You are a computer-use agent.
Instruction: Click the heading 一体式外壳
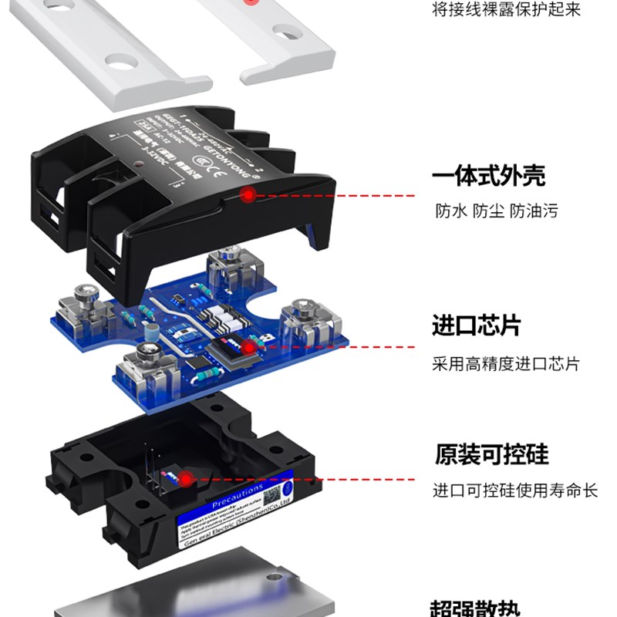(488, 176)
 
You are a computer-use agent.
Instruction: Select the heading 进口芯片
(476, 326)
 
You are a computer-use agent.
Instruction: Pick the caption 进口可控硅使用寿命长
(514, 491)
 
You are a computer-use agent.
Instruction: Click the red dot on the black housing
(247, 195)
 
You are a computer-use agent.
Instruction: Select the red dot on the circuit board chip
(248, 348)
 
